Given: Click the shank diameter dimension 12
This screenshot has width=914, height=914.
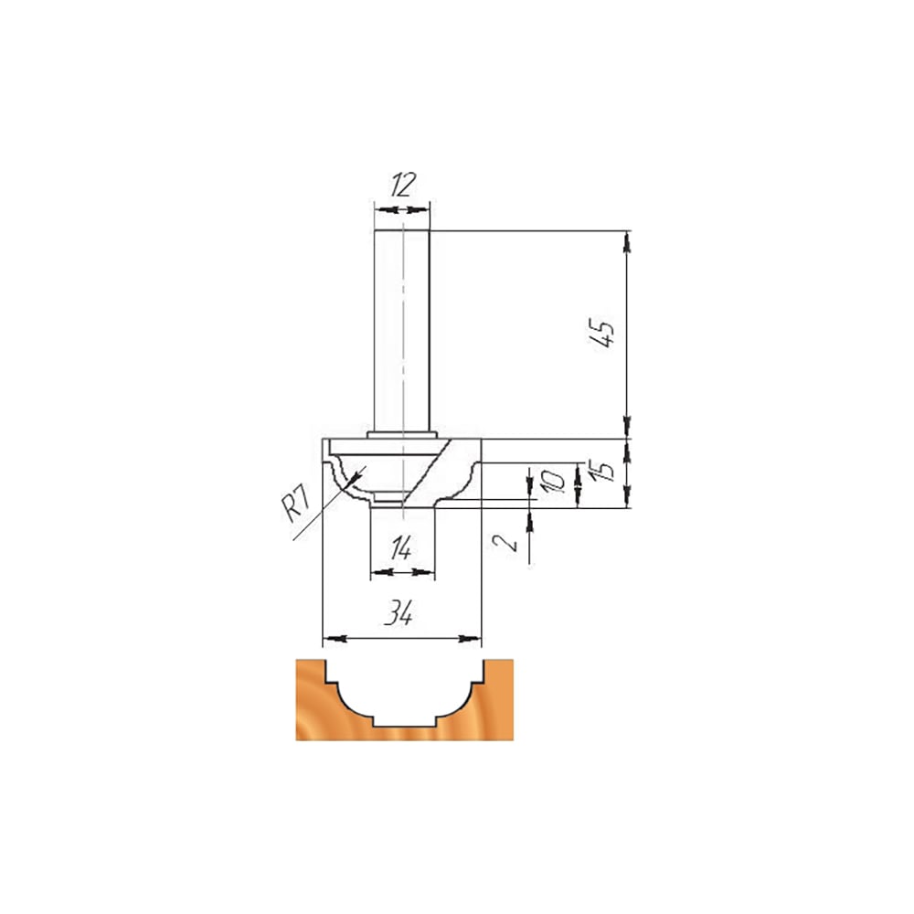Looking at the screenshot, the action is (x=403, y=185).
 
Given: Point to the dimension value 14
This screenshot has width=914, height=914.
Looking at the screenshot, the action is (x=401, y=548).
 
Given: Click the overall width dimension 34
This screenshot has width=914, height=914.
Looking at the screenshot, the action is (x=400, y=613).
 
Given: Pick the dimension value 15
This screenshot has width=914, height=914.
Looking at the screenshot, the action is (x=605, y=471).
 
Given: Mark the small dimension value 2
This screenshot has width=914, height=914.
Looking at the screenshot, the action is (x=505, y=543).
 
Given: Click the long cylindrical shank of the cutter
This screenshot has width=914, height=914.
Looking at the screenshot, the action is (x=402, y=331).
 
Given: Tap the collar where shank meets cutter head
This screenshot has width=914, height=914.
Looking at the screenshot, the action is (x=402, y=435).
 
